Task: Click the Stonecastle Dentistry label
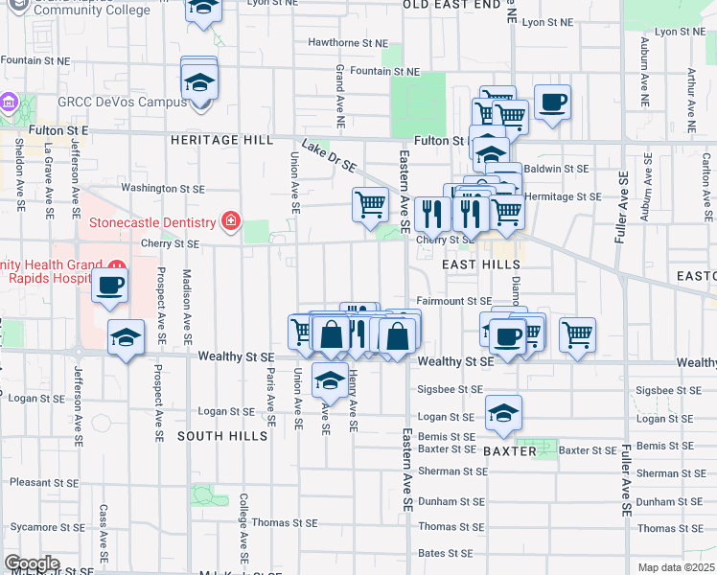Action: tap(152, 223)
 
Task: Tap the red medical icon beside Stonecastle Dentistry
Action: tap(230, 223)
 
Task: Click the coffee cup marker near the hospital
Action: tap(110, 286)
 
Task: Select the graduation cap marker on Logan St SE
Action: tap(503, 412)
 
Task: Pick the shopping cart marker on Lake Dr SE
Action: tap(370, 204)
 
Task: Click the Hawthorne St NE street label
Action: tap(348, 43)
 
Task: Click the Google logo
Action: tap(32, 563)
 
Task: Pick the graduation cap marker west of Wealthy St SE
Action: tap(126, 337)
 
